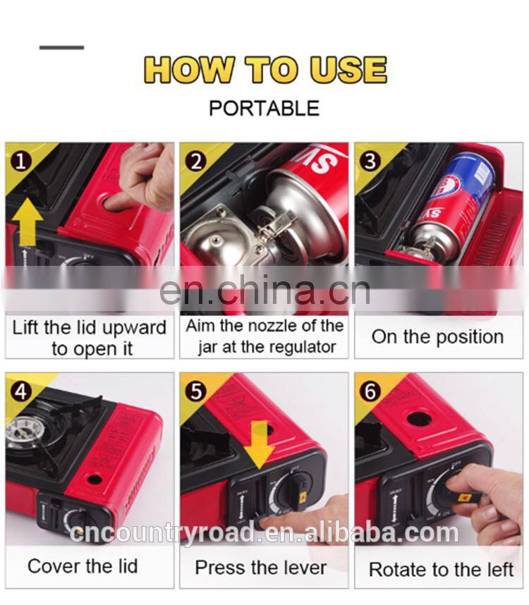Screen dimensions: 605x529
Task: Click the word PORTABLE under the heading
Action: [264, 108]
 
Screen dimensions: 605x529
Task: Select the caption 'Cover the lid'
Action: [83, 566]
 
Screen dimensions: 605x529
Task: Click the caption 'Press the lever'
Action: [260, 568]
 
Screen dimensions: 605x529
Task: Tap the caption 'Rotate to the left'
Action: [441, 569]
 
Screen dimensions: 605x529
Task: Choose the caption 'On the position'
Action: [437, 336]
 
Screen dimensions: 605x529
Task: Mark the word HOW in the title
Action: [189, 71]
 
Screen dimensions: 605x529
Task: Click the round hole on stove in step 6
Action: [419, 419]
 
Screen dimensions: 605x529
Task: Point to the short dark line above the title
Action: [61, 47]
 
